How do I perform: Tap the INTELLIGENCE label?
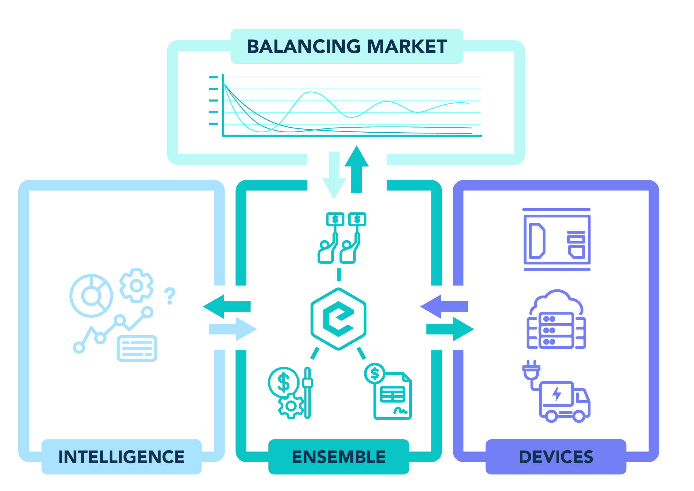(x=121, y=457)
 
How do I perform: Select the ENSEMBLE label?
(x=339, y=457)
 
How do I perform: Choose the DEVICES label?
(x=556, y=457)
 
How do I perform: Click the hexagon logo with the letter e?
(x=339, y=319)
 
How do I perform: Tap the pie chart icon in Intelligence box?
(x=91, y=296)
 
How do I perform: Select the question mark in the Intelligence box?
(x=170, y=296)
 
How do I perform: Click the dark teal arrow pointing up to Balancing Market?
(x=357, y=173)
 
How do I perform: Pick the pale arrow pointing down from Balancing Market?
(x=334, y=175)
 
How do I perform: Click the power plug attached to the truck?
(x=531, y=371)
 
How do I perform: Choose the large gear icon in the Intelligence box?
(x=136, y=286)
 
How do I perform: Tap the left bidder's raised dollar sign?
(x=335, y=219)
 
